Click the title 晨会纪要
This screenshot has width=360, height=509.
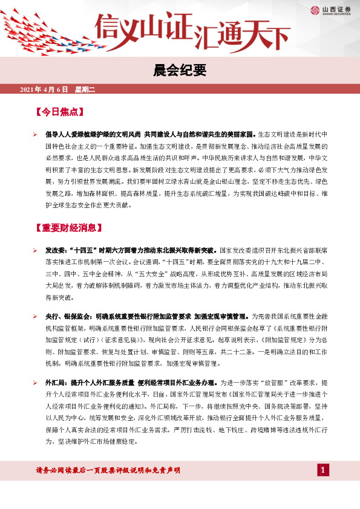tap(179, 71)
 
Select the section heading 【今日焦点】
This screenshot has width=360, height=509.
tap(59, 112)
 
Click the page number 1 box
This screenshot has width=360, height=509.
tap(323, 470)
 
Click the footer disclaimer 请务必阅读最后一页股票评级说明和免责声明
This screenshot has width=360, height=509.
tap(108, 470)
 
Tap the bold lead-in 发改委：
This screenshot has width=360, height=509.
tap(57, 249)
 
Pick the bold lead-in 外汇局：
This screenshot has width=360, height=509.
tap(57, 383)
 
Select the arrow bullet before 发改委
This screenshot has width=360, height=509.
tap(36, 249)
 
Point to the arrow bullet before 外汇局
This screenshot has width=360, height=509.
tap(36, 383)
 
